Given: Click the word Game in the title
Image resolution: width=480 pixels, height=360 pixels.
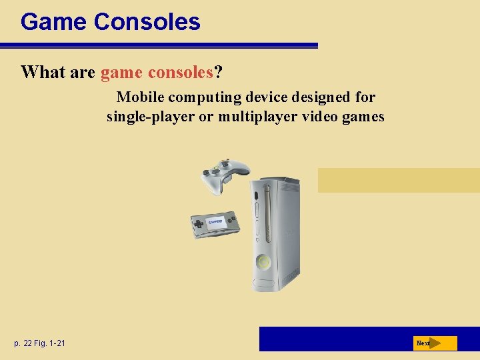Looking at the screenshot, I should tap(54, 22).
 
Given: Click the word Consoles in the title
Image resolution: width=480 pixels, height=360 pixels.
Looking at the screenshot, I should tap(147, 22).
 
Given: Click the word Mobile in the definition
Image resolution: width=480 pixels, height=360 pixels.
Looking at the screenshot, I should tap(140, 97).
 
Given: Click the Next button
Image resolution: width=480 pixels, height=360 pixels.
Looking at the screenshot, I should tap(435, 343).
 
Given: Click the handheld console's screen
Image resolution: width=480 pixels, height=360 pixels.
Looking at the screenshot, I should tap(215, 222).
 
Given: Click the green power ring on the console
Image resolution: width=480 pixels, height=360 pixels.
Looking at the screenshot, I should tap(265, 262).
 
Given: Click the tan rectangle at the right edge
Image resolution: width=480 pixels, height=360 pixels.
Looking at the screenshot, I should tap(398, 180).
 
